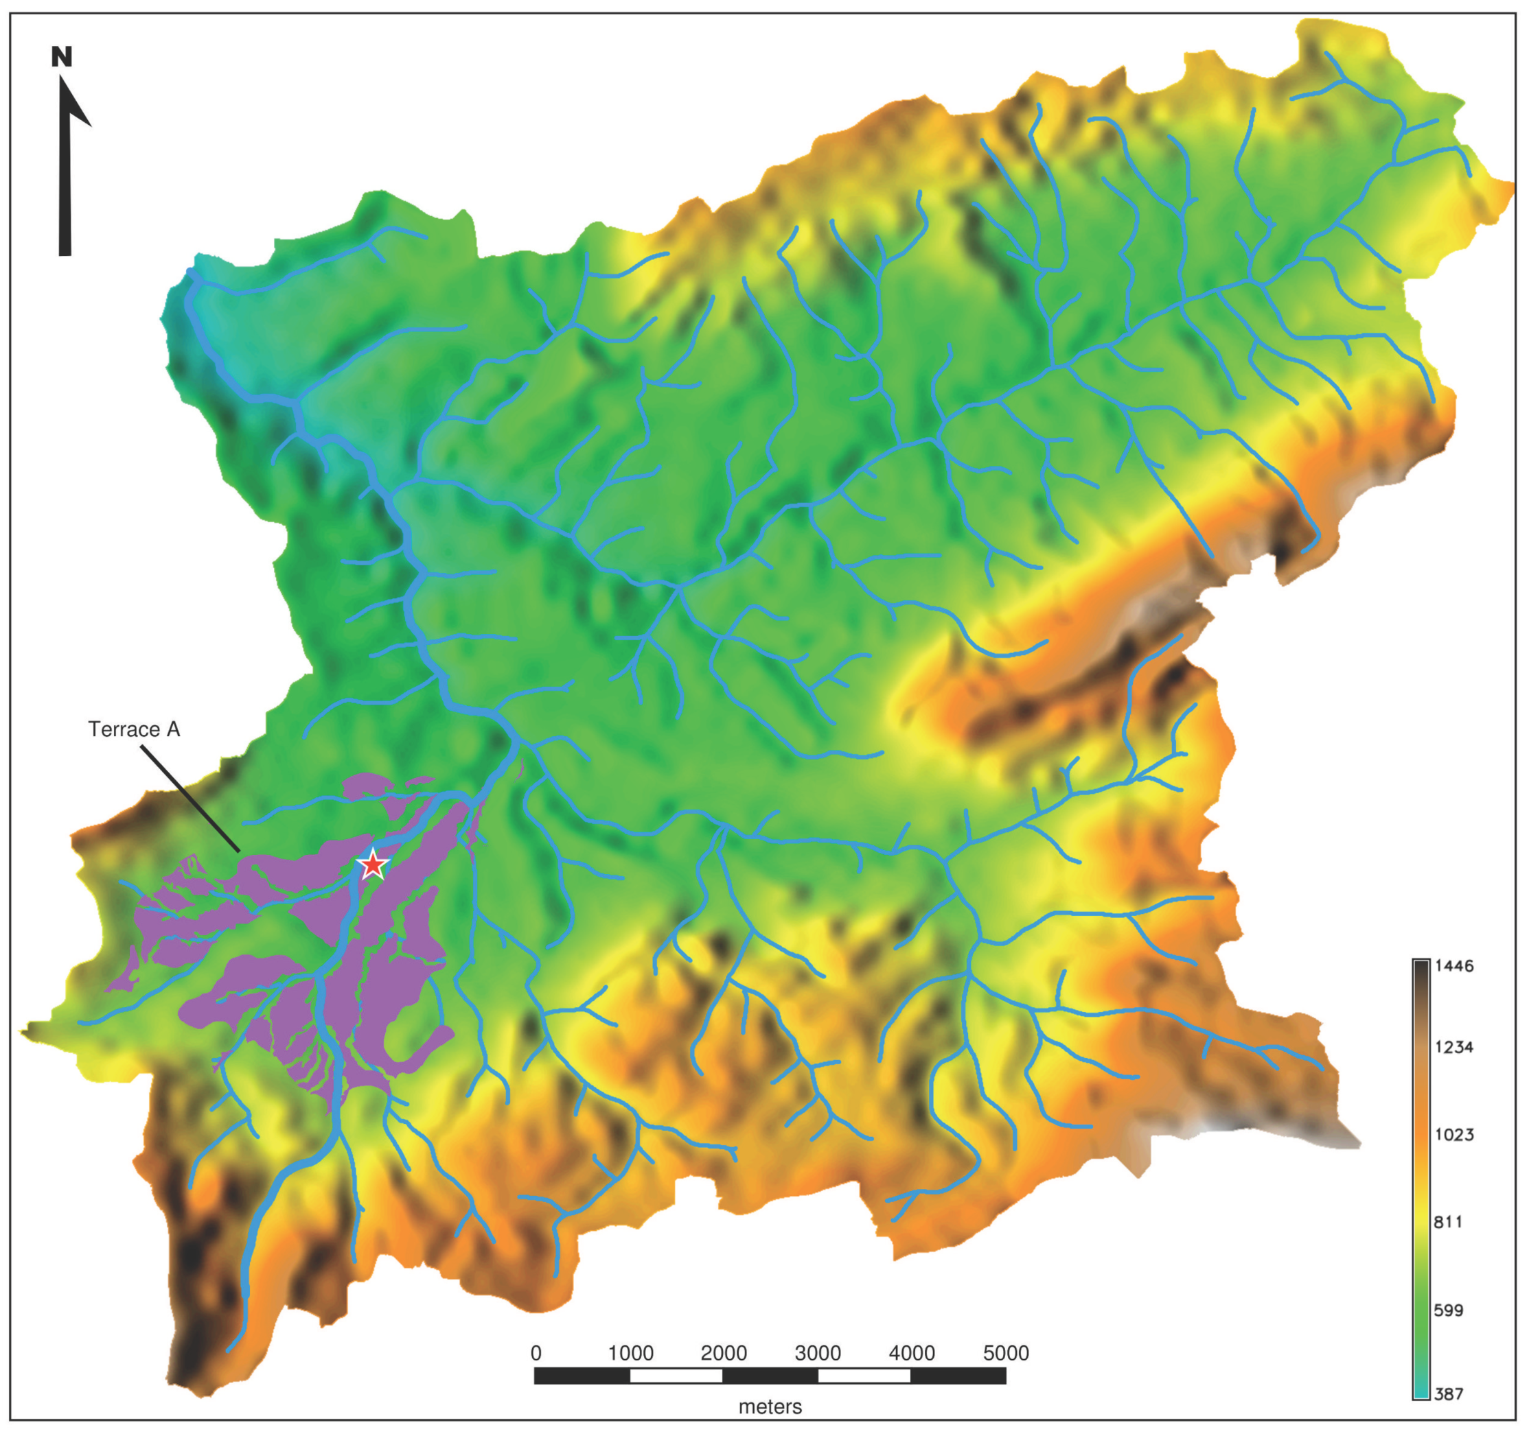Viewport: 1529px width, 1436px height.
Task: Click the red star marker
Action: [x=373, y=866]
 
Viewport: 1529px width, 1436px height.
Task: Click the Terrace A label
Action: [x=134, y=729]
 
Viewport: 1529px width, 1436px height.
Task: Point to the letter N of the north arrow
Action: [x=62, y=57]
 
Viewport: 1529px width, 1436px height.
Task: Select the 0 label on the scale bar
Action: [x=536, y=1353]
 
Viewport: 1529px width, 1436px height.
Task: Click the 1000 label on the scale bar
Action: [x=631, y=1353]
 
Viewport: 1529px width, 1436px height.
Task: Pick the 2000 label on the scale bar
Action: [x=724, y=1353]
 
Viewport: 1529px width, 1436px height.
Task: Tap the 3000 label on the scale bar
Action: [x=818, y=1353]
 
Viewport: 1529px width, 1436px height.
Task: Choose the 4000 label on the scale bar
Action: [x=911, y=1353]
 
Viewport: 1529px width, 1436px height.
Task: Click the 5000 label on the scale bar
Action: [x=1006, y=1353]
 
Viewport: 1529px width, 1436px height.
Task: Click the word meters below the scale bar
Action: [x=770, y=1406]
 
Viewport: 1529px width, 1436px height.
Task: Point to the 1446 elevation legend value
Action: [x=1453, y=966]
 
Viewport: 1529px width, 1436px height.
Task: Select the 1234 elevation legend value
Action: [x=1453, y=1047]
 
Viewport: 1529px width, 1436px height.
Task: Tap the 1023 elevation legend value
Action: [x=1453, y=1135]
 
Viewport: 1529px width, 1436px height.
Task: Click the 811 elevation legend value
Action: [x=1449, y=1223]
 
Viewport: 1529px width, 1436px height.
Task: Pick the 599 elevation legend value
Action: [x=1449, y=1310]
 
